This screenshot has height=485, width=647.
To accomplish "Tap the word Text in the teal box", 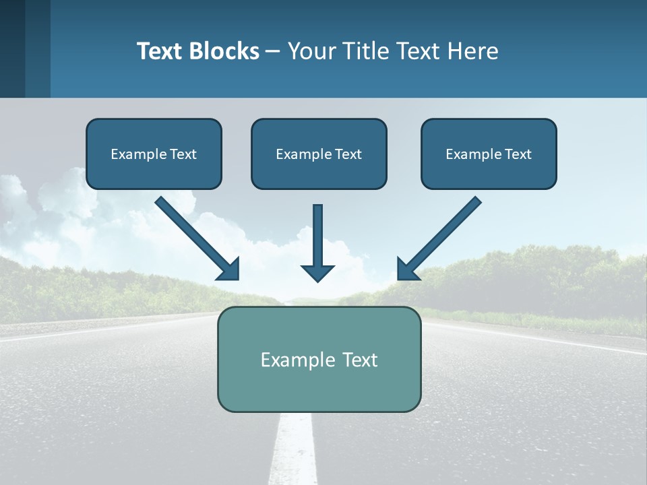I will point(359,360).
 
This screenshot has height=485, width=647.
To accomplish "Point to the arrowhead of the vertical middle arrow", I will point(317,273).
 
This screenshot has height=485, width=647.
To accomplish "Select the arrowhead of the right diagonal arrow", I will point(407,269).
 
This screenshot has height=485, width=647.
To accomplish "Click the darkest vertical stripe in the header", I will point(12,48).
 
